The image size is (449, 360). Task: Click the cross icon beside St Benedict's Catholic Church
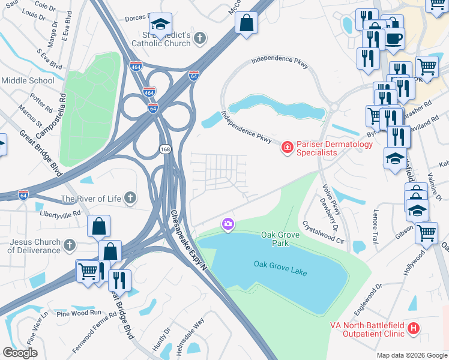pyautogui.click(x=200, y=38)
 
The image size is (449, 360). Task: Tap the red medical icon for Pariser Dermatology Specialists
pyautogui.click(x=287, y=146)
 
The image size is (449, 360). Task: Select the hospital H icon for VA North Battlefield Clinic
pyautogui.click(x=413, y=328)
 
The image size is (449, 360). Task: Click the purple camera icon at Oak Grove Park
pyautogui.click(x=228, y=224)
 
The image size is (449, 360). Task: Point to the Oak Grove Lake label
pyautogui.click(x=280, y=268)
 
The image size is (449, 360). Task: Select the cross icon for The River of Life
pyautogui.click(x=131, y=198)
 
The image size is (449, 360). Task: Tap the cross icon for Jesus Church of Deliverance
pyautogui.click(x=70, y=245)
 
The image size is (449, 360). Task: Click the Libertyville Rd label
pyautogui.click(x=60, y=214)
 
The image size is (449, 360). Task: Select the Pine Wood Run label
pyautogui.click(x=79, y=313)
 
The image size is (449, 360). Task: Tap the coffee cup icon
pyautogui.click(x=394, y=38)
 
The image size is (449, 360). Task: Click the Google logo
pyautogui.click(x=20, y=353)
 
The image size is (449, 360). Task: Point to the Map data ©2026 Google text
pyautogui.click(x=411, y=355)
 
